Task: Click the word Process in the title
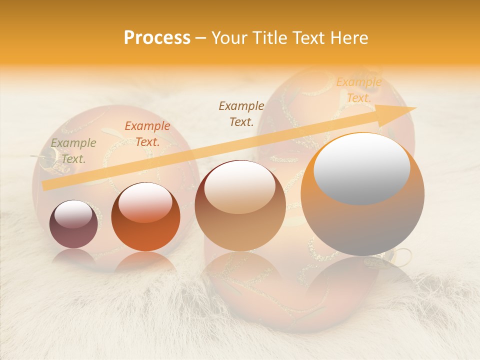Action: pyautogui.click(x=157, y=38)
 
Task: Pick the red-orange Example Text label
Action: pyautogui.click(x=147, y=134)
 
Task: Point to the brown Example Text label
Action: pyautogui.click(x=241, y=113)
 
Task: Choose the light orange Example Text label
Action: pyautogui.click(x=358, y=90)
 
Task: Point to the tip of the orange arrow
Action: pyautogui.click(x=415, y=108)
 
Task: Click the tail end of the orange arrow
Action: pyautogui.click(x=43, y=185)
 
